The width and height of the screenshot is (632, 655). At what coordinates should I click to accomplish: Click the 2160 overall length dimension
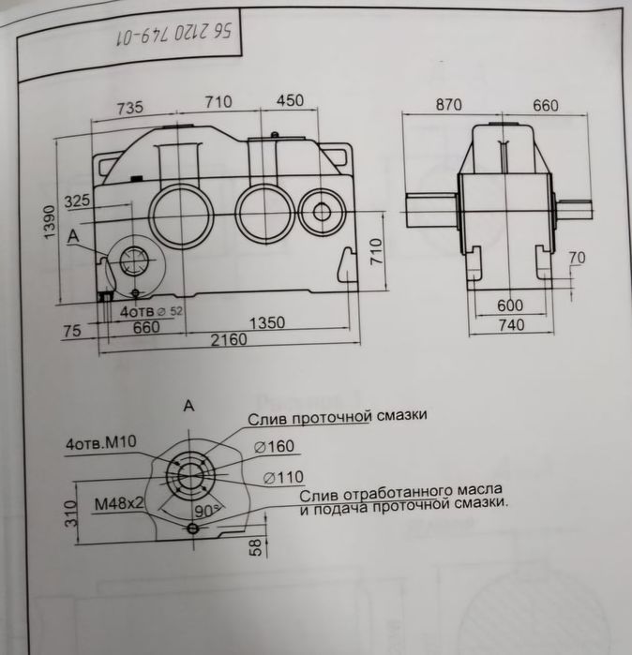click(228, 340)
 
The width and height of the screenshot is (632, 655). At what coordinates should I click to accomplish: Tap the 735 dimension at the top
click(130, 107)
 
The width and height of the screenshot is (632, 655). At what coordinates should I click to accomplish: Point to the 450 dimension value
click(289, 101)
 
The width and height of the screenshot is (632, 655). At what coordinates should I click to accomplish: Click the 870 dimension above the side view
click(448, 105)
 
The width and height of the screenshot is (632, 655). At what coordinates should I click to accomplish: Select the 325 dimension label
click(78, 201)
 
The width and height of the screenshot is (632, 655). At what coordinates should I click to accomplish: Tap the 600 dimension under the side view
click(510, 305)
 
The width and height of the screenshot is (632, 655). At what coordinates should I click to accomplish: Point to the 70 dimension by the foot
click(577, 258)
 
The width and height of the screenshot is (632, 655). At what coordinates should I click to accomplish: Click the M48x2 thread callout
click(118, 502)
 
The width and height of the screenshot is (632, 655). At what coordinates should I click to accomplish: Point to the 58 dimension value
click(254, 547)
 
